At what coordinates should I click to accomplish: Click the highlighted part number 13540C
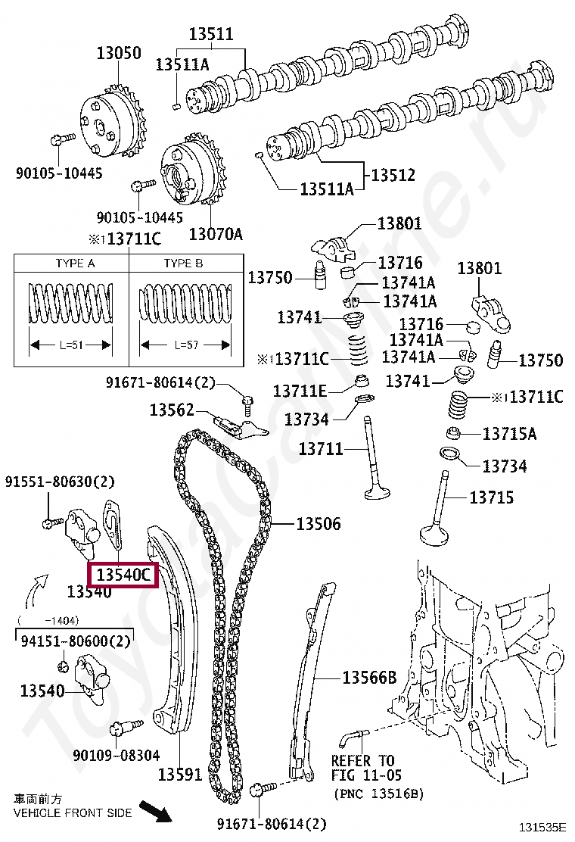coord(123,575)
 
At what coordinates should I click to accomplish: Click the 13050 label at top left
coord(118,54)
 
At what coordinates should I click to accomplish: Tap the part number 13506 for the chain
coord(318,523)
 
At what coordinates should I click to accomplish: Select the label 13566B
coord(369,678)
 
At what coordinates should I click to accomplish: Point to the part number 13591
coord(180,774)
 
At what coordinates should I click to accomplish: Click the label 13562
coord(172,410)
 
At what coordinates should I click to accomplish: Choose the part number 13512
coord(393,175)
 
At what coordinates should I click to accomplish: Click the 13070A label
coord(216,234)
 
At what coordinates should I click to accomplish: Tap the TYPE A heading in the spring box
coord(75,264)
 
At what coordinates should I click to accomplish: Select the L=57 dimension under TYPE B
coord(185,345)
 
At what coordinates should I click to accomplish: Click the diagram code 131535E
coord(542,827)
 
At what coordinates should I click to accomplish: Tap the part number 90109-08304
coord(117,755)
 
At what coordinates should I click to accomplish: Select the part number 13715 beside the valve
coord(491,497)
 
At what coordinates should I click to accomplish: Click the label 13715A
coord(509,434)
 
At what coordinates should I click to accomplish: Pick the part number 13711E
coord(300,391)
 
